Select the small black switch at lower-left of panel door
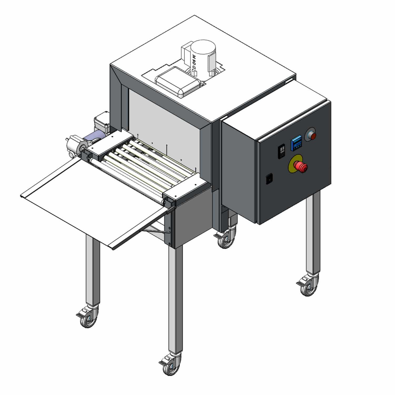coord(269,179)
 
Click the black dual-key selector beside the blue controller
coord(282,152)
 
